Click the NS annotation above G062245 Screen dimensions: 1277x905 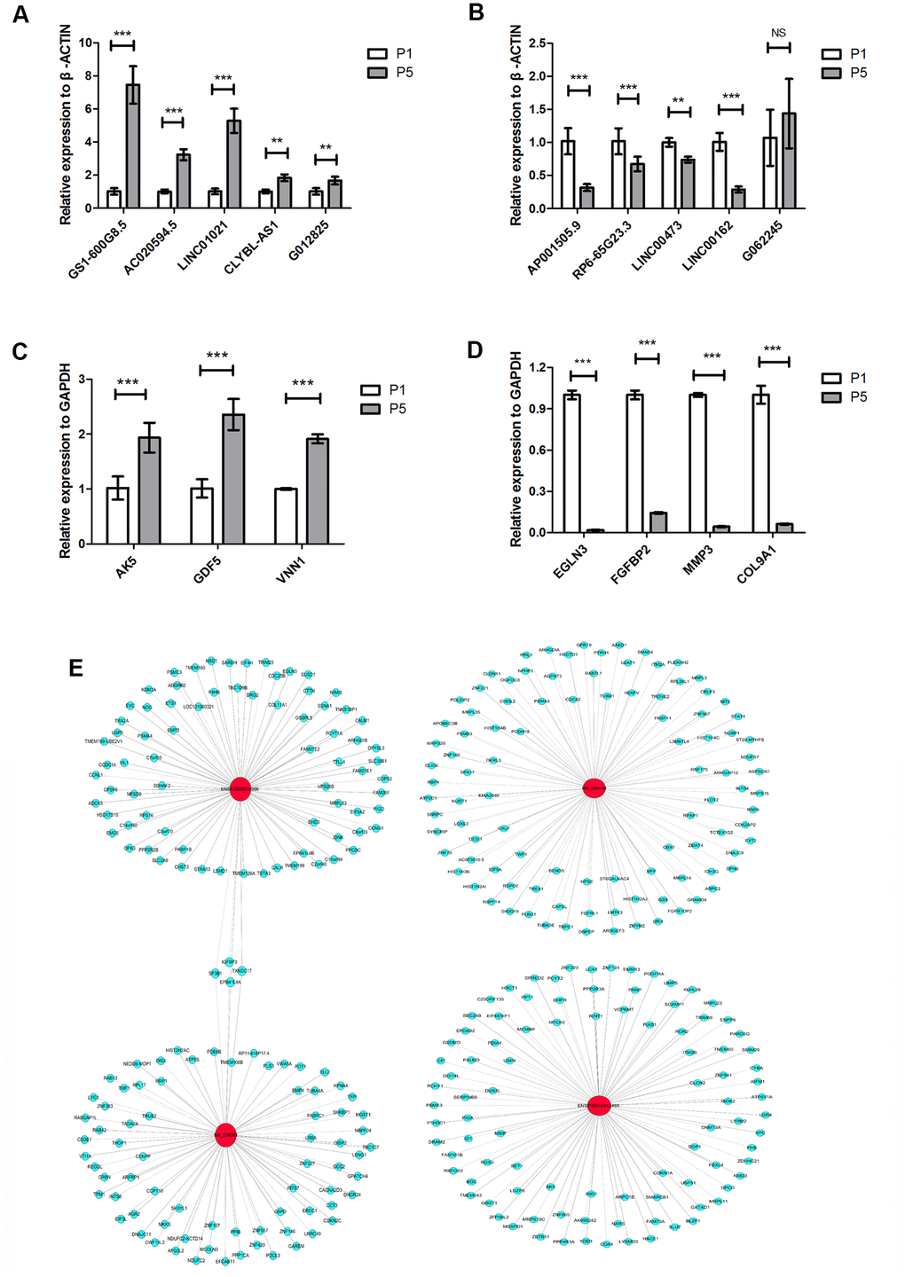(778, 33)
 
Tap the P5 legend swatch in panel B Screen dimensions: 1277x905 (832, 73)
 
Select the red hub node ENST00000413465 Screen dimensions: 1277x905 (600, 1106)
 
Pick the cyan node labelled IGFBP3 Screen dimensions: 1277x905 (230, 962)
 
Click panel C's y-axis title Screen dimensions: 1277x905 (65, 462)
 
